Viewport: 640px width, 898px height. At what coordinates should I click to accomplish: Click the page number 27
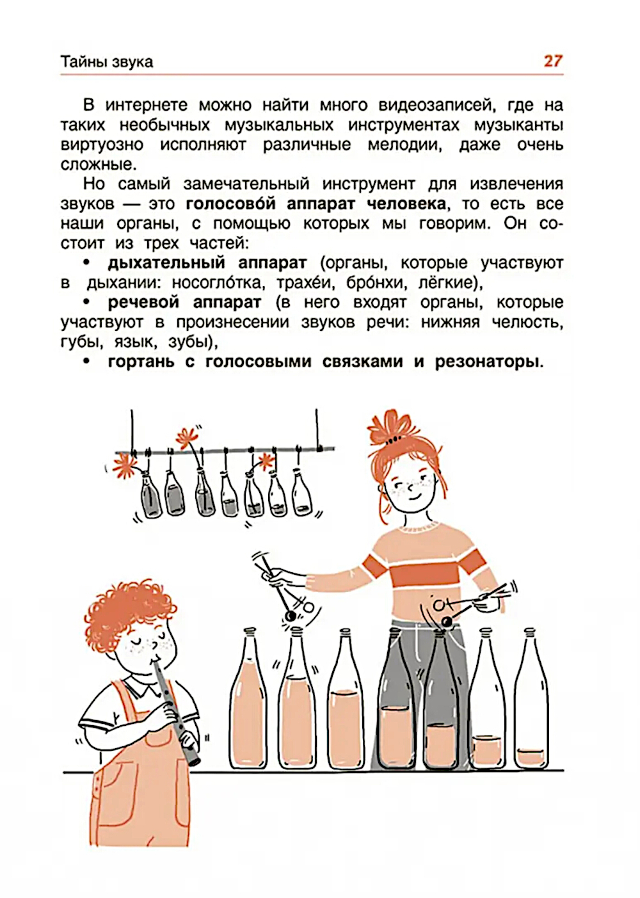point(553,61)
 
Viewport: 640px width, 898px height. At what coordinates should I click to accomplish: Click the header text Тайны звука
point(107,62)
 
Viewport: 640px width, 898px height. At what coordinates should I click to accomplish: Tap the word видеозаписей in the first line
point(435,106)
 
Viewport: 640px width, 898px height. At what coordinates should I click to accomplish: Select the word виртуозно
point(102,145)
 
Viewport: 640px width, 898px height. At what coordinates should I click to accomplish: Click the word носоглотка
point(217,284)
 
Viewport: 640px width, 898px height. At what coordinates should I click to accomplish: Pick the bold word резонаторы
point(486,362)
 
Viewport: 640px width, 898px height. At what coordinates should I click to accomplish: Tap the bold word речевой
point(143,303)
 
